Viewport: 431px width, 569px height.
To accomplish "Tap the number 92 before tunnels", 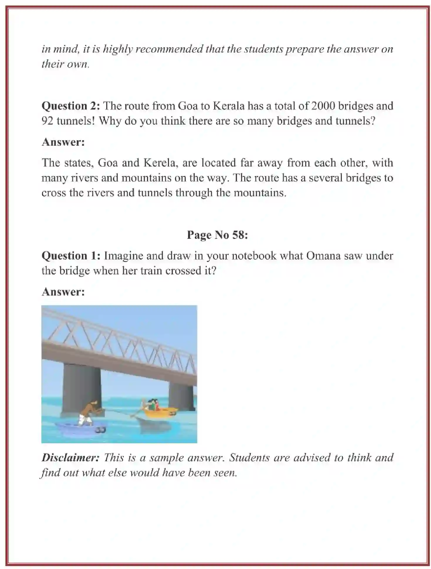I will coord(47,121).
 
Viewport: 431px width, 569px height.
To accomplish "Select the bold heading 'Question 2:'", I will coord(71,106).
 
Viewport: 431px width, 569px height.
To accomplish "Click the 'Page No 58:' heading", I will coord(217,235).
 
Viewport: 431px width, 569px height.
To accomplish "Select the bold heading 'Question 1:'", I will coord(71,256).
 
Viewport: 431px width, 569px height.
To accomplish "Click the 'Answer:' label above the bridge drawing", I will coord(63,292).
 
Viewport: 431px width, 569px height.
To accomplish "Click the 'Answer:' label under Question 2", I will coord(63,142).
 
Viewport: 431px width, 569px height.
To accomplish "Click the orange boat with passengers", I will coord(160,412).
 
